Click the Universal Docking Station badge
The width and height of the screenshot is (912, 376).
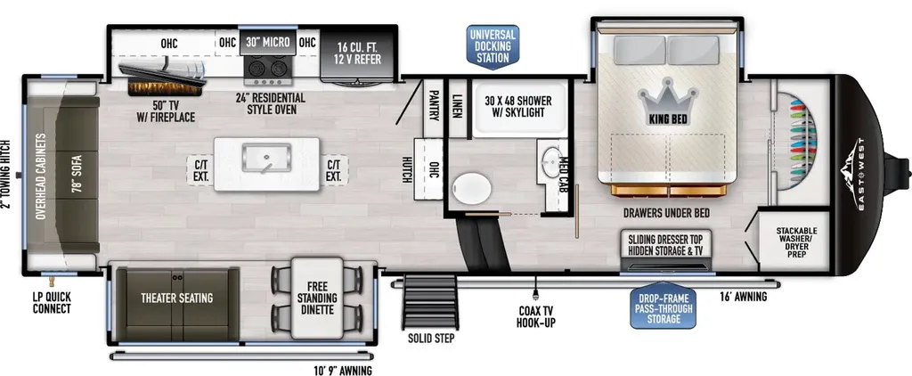pos(492,46)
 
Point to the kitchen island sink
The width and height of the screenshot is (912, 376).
pos(266,158)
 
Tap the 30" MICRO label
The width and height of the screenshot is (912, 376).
pos(267,43)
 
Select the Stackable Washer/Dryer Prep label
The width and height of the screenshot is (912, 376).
pos(796,242)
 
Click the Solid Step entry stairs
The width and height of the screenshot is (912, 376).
pos(430,302)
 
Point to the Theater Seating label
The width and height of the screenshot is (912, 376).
pos(177,298)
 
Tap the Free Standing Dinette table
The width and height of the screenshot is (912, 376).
pos(317,298)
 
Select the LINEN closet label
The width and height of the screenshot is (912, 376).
pos(457,106)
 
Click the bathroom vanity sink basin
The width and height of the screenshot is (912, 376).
pos(550,159)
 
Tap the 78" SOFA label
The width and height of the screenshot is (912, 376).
pos(76,175)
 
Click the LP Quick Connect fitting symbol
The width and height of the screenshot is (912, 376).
pos(51,282)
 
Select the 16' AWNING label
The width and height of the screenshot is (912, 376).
pos(743,297)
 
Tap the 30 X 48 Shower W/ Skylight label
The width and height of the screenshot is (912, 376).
pos(518,107)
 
